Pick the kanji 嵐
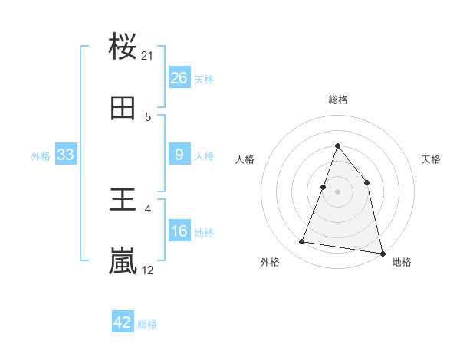pyautogui.click(x=123, y=261)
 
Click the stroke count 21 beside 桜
pyautogui.click(x=148, y=55)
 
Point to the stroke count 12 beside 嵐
pyautogui.click(x=148, y=270)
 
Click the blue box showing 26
pyautogui.click(x=179, y=77)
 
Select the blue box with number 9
pyautogui.click(x=179, y=154)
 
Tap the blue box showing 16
pyautogui.click(x=179, y=231)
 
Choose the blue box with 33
pyautogui.click(x=65, y=155)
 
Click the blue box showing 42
pyautogui.click(x=123, y=322)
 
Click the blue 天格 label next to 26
pyautogui.click(x=204, y=79)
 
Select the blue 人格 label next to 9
pyautogui.click(x=204, y=155)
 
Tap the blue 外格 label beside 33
pyautogui.click(x=41, y=155)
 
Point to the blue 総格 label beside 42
pyautogui.click(x=147, y=324)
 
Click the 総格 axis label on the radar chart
pyautogui.click(x=338, y=100)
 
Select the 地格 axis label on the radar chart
pyautogui.click(x=402, y=262)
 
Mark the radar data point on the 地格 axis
pyautogui.click(x=382, y=252)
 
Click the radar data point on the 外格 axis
pyautogui.click(x=302, y=242)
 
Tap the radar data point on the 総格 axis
pyautogui.click(x=337, y=146)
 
